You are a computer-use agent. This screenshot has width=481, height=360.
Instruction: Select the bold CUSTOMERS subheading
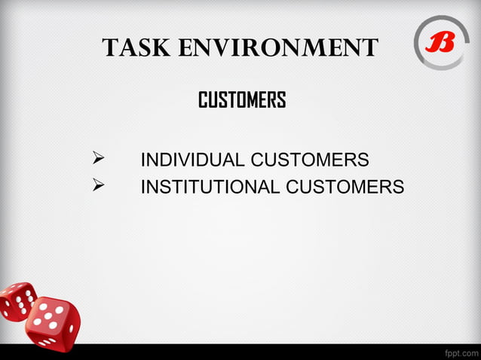(241, 100)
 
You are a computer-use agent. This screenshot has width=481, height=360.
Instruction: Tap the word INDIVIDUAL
(192, 160)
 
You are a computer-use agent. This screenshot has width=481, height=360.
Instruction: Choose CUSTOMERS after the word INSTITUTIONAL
(345, 186)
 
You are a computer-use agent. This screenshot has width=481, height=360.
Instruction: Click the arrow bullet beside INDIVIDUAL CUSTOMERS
(97, 159)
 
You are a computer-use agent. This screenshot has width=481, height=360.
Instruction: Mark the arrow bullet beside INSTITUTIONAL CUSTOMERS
(97, 185)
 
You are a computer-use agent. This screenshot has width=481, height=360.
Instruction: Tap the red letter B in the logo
(440, 43)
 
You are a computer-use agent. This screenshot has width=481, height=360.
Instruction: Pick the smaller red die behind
(17, 301)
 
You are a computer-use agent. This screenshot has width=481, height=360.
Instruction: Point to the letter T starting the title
(110, 48)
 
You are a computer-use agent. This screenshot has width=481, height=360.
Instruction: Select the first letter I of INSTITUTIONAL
(143, 186)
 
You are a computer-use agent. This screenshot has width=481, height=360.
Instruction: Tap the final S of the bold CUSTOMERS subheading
(281, 100)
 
